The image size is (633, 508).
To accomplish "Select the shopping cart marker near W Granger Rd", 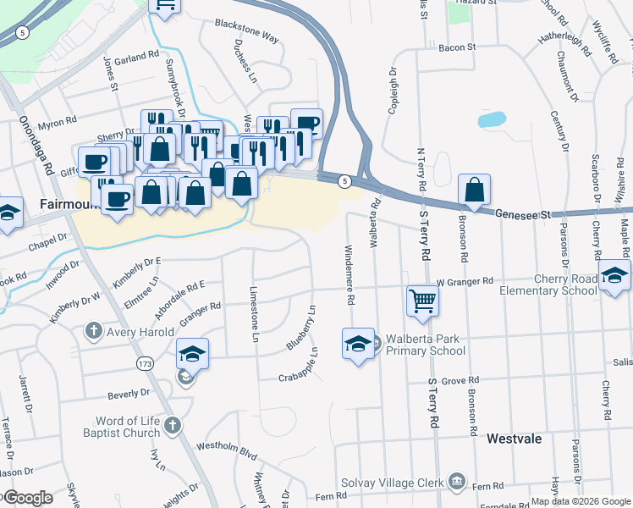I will click(x=421, y=301).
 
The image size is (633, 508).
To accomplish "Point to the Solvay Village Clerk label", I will click(x=393, y=482).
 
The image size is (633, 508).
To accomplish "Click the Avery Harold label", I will click(x=140, y=332).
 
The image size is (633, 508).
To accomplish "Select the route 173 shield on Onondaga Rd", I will click(x=145, y=363).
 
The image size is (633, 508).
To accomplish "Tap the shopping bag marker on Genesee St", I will click(x=475, y=190).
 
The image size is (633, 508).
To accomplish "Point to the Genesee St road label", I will click(x=523, y=215).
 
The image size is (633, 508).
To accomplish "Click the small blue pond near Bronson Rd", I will click(x=492, y=119).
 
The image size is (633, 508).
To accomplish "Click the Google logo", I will click(x=27, y=497).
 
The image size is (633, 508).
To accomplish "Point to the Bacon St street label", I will click(x=457, y=48).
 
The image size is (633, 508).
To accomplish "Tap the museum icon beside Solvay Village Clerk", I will click(x=457, y=482).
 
